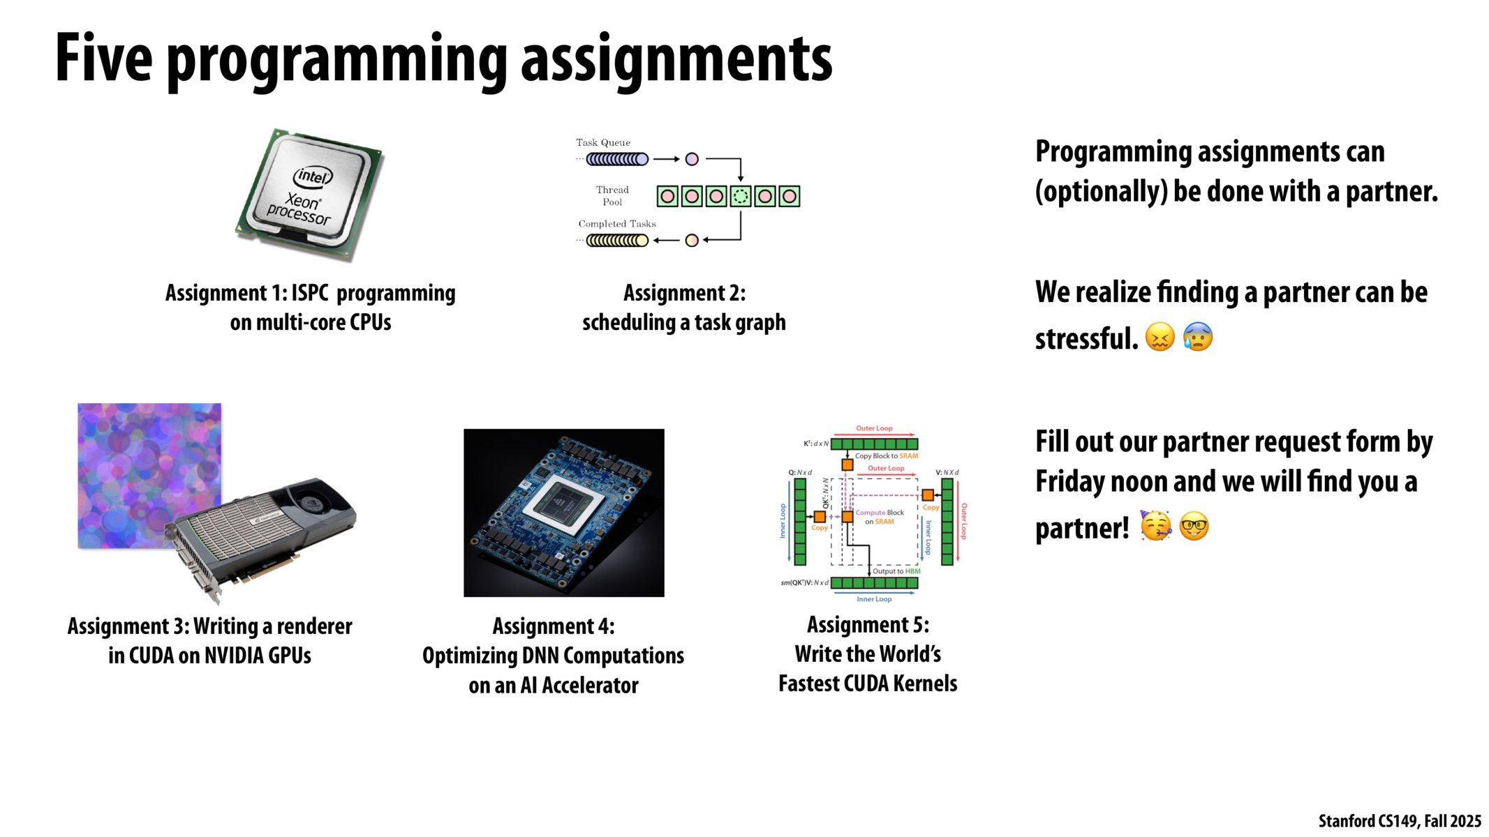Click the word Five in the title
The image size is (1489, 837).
tap(103, 59)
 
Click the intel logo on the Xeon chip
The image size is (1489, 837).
tap(313, 176)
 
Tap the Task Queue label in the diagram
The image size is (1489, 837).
tap(602, 142)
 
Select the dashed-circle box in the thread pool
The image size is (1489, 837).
tap(740, 197)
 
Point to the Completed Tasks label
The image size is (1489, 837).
tap(616, 224)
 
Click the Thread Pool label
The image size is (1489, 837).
tap(612, 195)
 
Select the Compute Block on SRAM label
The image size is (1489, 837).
tap(880, 517)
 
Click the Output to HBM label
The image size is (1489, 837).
tap(896, 571)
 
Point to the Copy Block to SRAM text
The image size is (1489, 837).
tap(887, 456)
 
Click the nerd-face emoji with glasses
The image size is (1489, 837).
tap(1194, 527)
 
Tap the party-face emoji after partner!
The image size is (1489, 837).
tap(1155, 526)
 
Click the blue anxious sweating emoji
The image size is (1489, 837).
tap(1198, 337)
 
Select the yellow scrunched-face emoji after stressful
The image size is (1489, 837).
tap(1160, 337)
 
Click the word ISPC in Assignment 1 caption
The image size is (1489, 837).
tap(309, 293)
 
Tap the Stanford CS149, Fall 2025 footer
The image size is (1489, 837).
tap(1399, 821)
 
